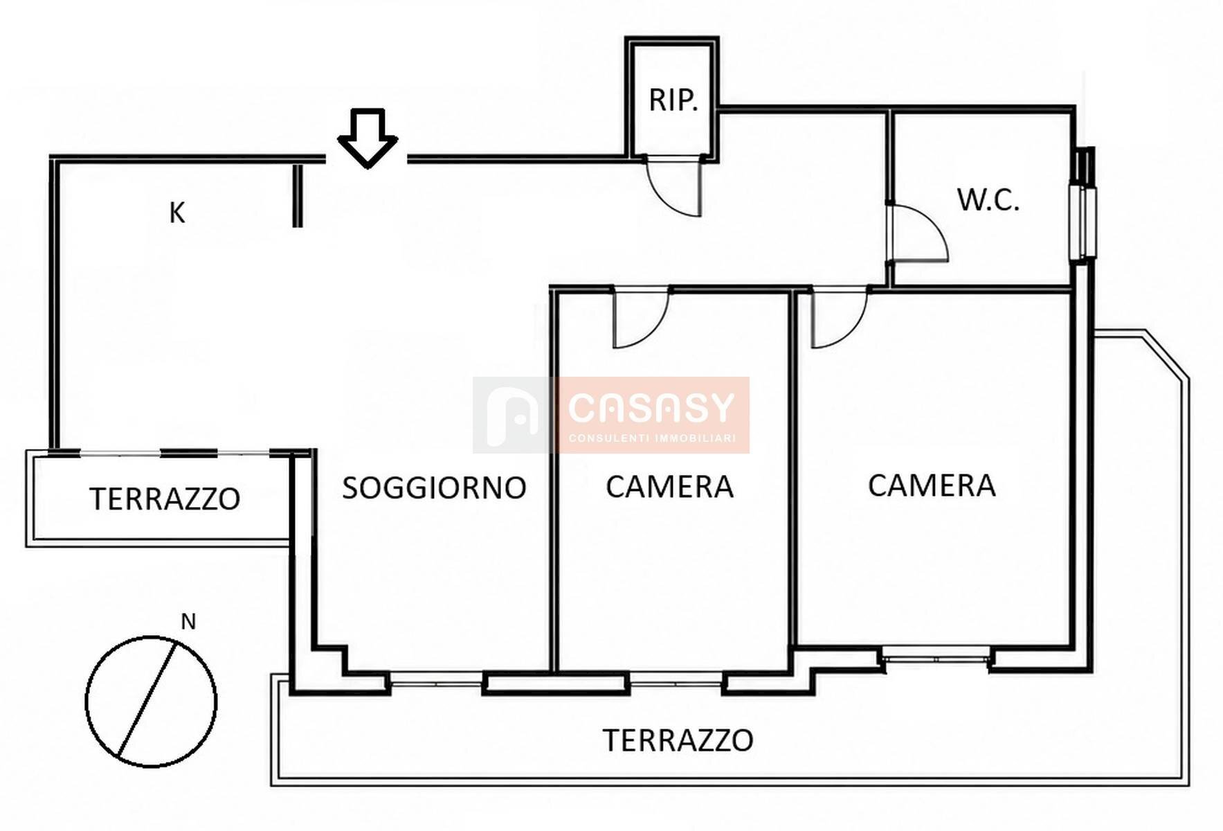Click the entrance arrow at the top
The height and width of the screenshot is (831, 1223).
click(368, 138)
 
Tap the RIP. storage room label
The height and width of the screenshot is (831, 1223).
click(673, 100)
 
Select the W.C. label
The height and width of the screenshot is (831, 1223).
click(988, 199)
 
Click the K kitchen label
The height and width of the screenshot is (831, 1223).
click(177, 213)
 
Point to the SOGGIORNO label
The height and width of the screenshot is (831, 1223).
click(434, 488)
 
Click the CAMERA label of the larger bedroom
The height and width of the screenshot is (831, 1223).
click(932, 485)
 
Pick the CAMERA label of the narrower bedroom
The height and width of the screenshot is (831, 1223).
click(669, 487)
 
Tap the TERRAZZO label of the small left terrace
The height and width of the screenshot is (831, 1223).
click(165, 499)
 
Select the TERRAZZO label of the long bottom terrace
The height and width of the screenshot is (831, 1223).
click(678, 740)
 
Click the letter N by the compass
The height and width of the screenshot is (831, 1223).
click(188, 622)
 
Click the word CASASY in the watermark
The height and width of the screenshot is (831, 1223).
click(651, 408)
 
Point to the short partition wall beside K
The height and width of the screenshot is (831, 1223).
click(298, 195)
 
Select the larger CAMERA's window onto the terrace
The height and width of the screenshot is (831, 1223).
click(936, 655)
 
